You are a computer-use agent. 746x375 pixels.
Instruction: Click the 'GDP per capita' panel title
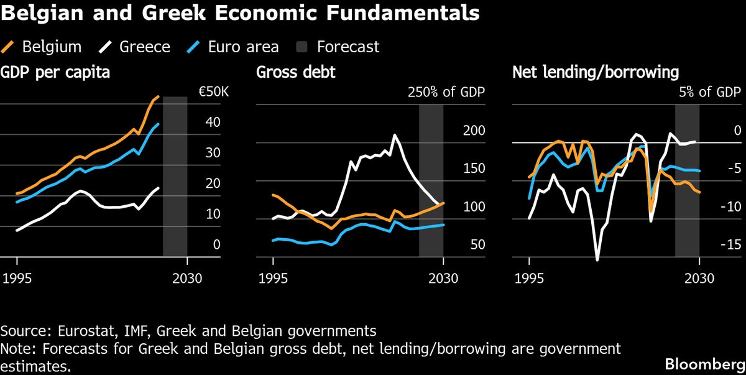point(56,73)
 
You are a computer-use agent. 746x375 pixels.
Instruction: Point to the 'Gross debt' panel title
point(296,73)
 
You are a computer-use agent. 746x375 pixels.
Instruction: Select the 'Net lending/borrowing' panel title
point(596,73)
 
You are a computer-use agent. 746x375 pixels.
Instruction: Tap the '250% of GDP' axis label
point(446,93)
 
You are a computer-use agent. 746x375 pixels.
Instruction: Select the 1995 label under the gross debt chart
point(274,278)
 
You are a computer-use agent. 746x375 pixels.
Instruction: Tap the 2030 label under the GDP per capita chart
point(187,278)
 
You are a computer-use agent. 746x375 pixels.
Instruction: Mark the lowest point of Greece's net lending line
point(597,260)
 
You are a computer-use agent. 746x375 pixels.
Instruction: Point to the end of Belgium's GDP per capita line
point(159,97)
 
